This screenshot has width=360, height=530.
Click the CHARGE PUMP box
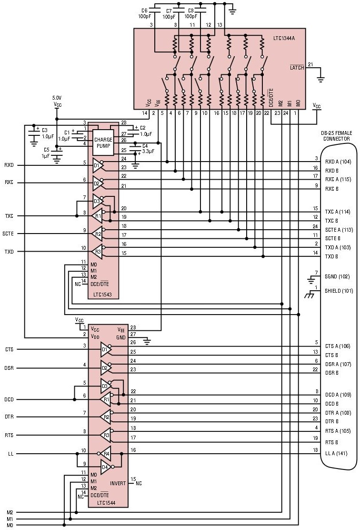[x=103, y=143]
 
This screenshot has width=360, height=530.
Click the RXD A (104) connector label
[x=338, y=162]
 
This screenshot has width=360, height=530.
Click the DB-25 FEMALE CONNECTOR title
[x=337, y=135]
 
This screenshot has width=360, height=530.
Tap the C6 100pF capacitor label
[x=144, y=13]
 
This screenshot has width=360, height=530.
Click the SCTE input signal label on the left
[x=10, y=234]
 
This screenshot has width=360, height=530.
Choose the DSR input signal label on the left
[x=9, y=367]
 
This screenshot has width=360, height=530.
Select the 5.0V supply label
[x=57, y=98]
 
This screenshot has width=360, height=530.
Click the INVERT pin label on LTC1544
[x=118, y=483]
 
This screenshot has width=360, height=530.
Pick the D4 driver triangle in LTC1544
[x=106, y=466]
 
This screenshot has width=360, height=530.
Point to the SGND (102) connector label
[x=337, y=276]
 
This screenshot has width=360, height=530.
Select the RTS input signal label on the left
[x=9, y=435]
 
